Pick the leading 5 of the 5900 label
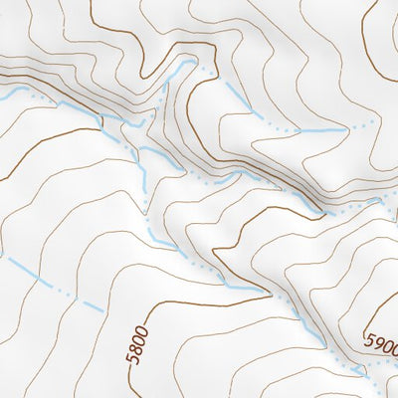pos(369,340)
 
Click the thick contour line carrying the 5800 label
pos(134,373)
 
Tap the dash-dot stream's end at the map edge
pos(2,255)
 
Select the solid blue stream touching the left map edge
pos(10,91)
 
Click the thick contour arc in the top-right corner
pos(383,60)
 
